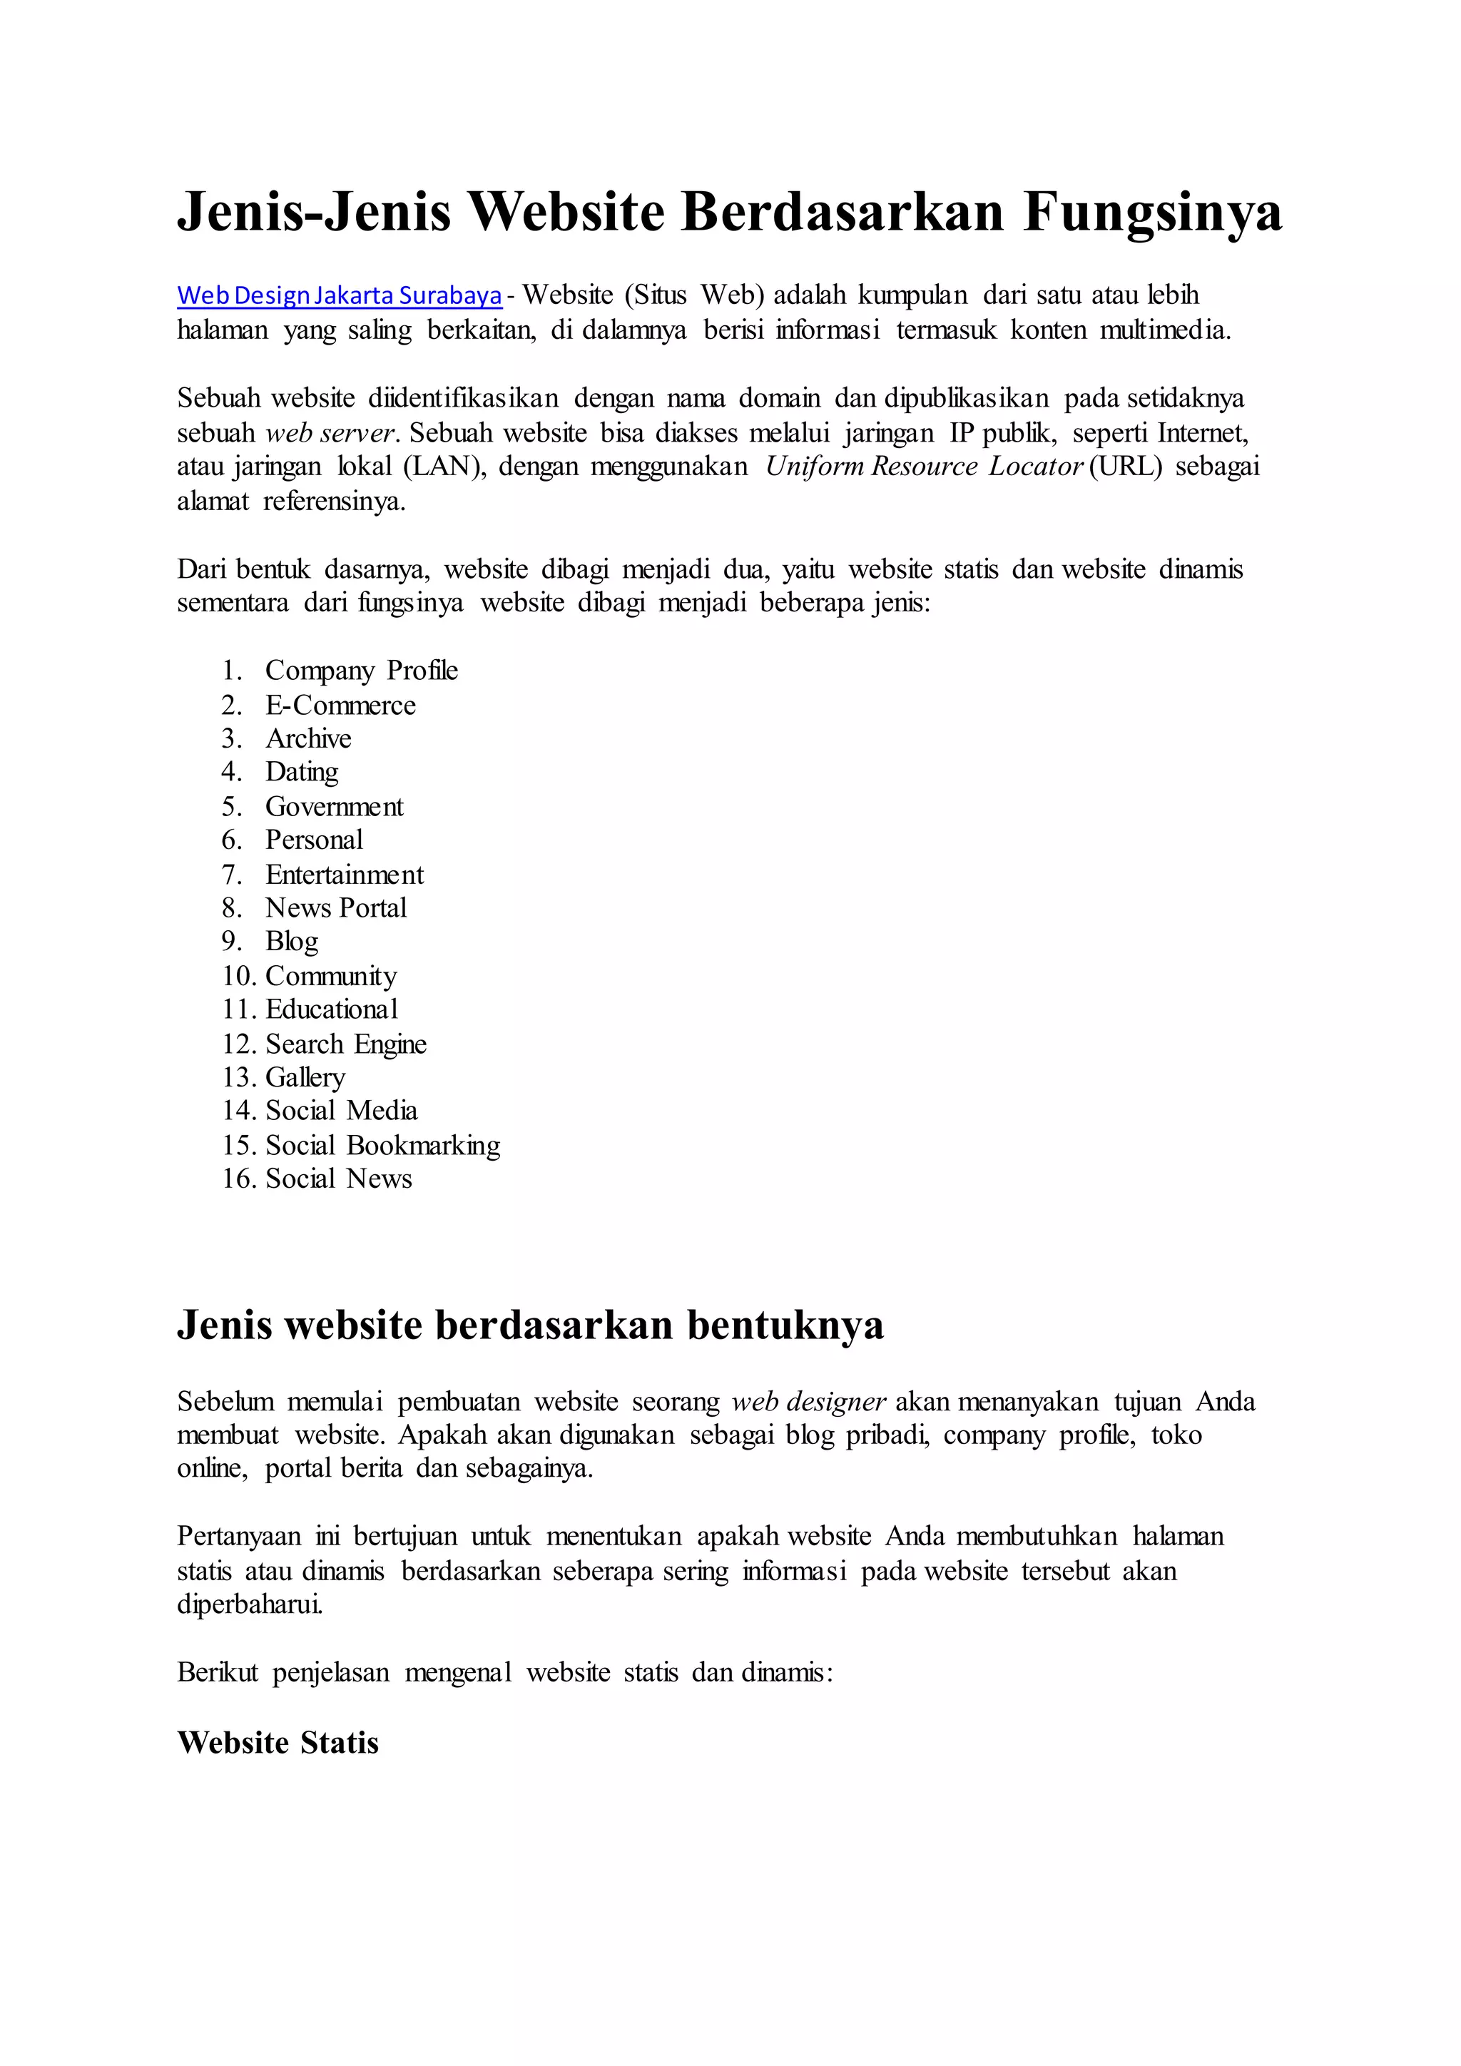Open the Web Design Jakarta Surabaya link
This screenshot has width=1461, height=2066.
pyautogui.click(x=339, y=295)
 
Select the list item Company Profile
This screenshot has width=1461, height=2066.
pyautogui.click(x=361, y=671)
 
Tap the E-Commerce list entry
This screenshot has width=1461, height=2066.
pyautogui.click(x=340, y=705)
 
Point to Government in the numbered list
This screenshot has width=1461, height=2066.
pyautogui.click(x=334, y=806)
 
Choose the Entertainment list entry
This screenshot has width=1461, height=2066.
pyautogui.click(x=344, y=875)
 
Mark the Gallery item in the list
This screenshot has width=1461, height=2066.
pyautogui.click(x=305, y=1077)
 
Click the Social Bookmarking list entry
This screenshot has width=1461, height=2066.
pyautogui.click(x=382, y=1146)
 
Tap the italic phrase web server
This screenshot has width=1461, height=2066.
pyautogui.click(x=330, y=433)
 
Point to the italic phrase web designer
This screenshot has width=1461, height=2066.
pyautogui.click(x=809, y=1401)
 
